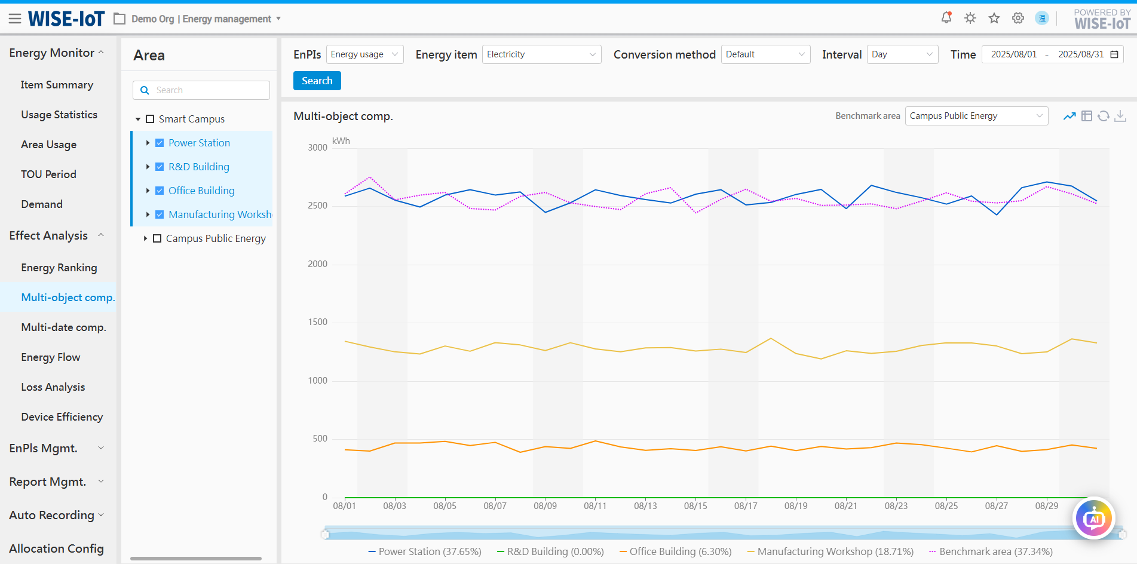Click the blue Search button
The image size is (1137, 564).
tap(317, 81)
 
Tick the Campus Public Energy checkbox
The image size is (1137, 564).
tap(157, 238)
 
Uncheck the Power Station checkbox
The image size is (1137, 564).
tap(160, 143)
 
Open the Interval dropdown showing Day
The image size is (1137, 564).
tap(902, 54)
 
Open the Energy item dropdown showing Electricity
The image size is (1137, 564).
tap(541, 54)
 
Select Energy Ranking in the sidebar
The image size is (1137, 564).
tap(59, 268)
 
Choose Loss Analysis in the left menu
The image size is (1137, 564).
tap(53, 387)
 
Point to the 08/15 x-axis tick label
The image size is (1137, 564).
tap(695, 506)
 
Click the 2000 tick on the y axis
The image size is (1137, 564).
tap(317, 264)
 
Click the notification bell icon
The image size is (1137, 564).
tap(946, 18)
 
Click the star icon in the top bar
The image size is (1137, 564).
tap(994, 18)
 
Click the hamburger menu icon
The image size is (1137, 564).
tap(15, 19)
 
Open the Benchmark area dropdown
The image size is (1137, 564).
tap(976, 116)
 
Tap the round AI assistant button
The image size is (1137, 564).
tap(1093, 519)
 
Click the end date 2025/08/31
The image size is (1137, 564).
tap(1080, 54)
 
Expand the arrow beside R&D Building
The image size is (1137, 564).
tap(148, 167)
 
